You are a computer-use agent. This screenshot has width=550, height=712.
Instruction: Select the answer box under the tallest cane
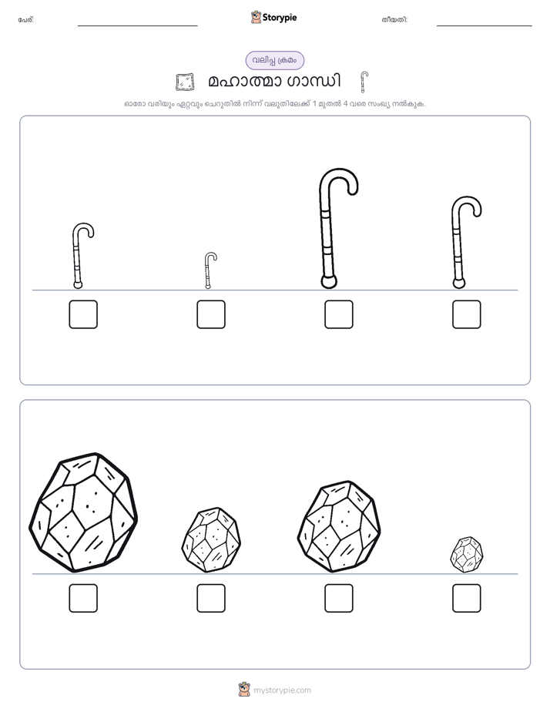click(x=338, y=314)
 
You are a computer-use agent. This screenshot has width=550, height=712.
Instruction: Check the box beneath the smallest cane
click(x=211, y=314)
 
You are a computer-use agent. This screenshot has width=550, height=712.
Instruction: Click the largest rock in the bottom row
click(x=83, y=512)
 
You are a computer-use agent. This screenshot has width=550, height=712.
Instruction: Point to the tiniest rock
click(x=467, y=555)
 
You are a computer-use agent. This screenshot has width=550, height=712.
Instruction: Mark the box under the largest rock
click(x=83, y=598)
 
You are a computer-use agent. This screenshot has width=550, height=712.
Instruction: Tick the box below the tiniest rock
click(x=467, y=598)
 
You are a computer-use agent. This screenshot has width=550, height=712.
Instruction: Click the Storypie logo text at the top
click(x=280, y=18)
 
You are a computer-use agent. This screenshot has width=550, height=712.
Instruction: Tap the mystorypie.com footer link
click(x=282, y=690)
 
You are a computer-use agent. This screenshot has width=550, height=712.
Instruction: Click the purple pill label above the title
click(x=275, y=60)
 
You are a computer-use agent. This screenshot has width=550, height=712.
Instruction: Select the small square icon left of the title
click(x=185, y=82)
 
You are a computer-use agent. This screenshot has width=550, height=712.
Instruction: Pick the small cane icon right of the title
click(x=363, y=82)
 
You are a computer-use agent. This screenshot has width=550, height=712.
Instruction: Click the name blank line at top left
click(x=137, y=26)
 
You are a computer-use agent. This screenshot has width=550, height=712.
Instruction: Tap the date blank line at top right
click(x=485, y=26)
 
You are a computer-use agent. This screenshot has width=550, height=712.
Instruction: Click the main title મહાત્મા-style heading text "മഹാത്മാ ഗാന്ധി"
click(x=274, y=82)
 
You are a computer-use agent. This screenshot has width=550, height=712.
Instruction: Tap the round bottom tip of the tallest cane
click(x=329, y=282)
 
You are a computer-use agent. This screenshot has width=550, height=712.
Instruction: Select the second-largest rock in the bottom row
click(x=339, y=526)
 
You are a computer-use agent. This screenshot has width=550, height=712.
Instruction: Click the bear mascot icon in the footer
click(x=244, y=690)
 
